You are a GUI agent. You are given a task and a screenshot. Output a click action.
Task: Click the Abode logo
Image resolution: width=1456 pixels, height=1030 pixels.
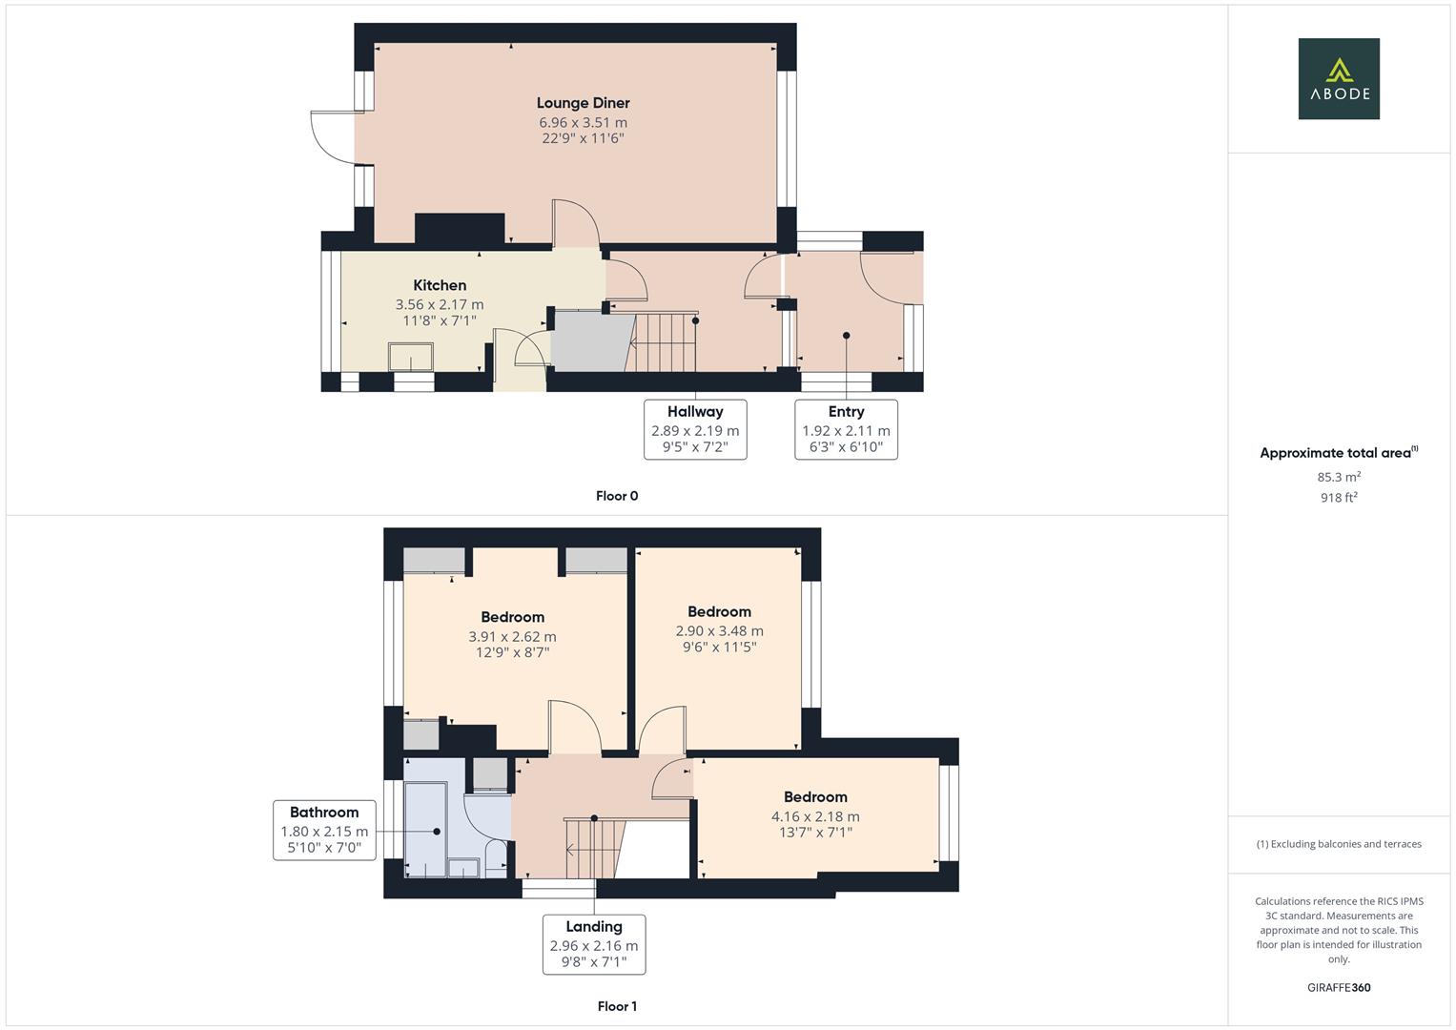click(1339, 79)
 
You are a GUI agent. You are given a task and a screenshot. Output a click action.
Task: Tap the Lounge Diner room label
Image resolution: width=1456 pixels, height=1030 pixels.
click(583, 103)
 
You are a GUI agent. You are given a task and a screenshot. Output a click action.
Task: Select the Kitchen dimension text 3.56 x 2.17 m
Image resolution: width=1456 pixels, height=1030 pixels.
click(440, 305)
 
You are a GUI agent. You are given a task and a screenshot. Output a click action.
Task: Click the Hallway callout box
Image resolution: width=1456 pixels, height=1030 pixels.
click(695, 429)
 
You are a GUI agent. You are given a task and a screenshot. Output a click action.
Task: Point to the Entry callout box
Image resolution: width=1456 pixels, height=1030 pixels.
click(846, 429)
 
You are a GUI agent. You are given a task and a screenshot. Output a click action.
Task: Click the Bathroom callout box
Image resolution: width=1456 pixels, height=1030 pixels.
click(324, 830)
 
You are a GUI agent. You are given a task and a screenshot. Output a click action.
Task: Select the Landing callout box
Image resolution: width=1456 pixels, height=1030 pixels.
click(594, 944)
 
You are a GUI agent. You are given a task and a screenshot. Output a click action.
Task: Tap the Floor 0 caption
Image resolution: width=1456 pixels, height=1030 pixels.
click(617, 496)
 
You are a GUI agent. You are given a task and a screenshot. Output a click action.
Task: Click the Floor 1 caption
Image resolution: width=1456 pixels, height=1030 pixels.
click(617, 1006)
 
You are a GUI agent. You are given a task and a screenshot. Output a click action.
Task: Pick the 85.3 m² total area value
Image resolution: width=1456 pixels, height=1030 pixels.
click(1339, 477)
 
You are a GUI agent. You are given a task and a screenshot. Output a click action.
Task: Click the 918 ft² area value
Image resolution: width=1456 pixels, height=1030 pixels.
click(1339, 497)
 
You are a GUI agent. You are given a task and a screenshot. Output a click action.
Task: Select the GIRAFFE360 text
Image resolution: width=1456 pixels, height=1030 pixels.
click(1339, 988)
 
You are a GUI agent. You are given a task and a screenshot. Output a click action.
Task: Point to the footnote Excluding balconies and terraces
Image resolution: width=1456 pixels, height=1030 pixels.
click(1339, 844)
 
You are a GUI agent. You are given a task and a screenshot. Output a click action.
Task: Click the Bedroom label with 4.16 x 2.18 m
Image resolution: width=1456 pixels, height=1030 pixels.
click(815, 797)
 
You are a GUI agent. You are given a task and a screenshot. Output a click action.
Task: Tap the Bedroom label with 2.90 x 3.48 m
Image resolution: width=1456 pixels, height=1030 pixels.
click(719, 612)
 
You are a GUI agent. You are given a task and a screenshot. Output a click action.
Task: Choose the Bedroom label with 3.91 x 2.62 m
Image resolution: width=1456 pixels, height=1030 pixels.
click(512, 618)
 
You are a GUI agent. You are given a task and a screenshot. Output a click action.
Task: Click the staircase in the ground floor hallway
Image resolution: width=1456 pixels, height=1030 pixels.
click(665, 341)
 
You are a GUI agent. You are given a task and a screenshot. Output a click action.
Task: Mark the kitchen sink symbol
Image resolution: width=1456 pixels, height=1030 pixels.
click(411, 357)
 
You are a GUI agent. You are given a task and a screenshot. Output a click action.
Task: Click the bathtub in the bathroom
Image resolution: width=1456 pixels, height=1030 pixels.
click(425, 828)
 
